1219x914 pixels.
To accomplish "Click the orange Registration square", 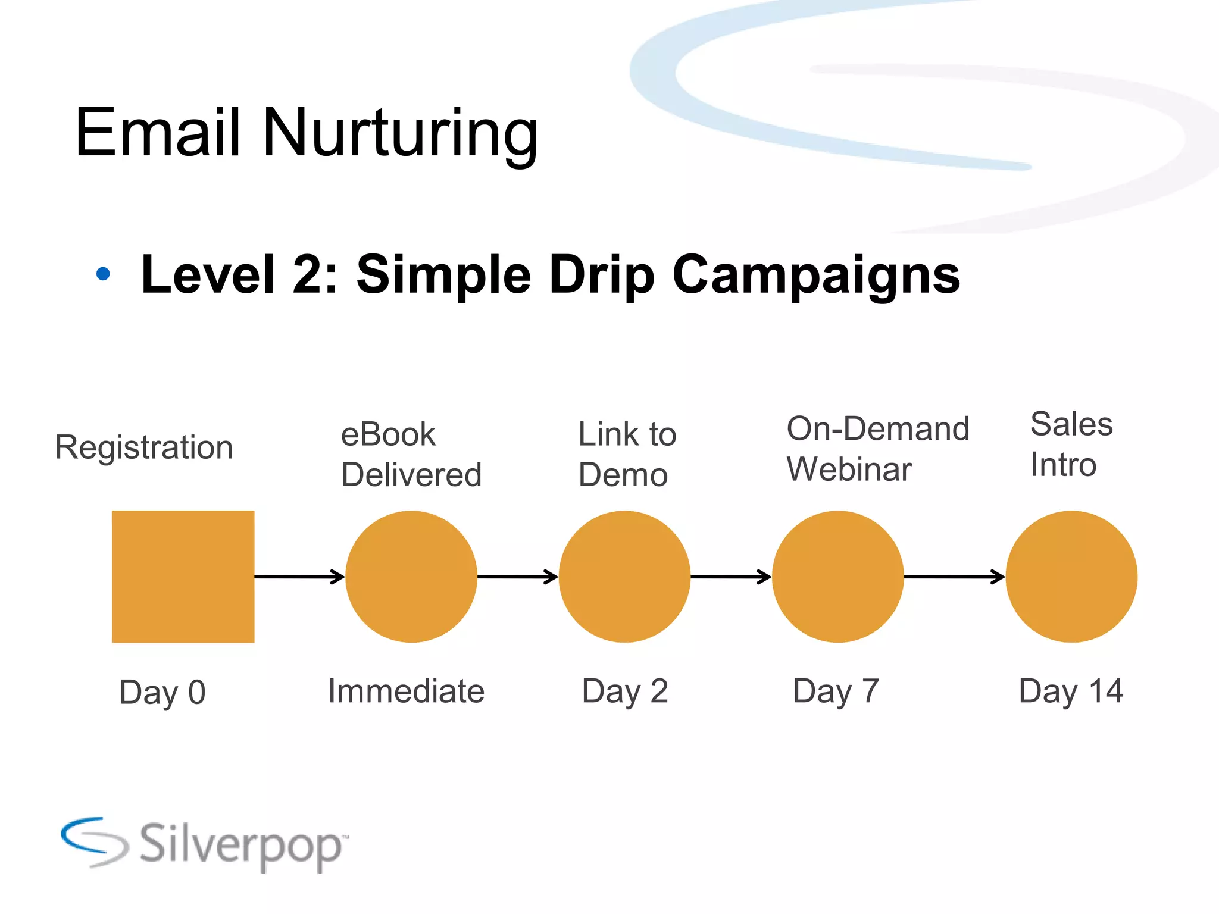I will (183, 576).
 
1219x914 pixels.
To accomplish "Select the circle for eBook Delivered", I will (411, 576).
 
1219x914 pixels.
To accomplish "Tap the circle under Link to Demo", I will (624, 576).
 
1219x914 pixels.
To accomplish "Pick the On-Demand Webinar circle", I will (837, 576).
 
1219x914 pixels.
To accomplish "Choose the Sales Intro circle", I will (1071, 576).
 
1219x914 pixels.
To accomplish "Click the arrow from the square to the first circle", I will (299, 576).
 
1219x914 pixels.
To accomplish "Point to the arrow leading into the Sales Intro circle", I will (954, 576).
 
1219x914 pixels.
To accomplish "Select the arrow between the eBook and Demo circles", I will (517, 576).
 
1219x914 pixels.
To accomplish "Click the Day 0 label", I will (162, 692).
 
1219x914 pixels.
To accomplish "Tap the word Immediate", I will (407, 691).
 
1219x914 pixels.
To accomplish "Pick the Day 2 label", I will (625, 691).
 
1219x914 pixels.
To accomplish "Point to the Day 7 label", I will (836, 691).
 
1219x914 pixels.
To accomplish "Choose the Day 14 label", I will (1071, 691).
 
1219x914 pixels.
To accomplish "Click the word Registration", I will (144, 447).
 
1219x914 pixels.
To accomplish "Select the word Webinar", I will (849, 469).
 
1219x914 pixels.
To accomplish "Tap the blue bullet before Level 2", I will (103, 274).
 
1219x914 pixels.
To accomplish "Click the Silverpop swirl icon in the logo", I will (94, 842).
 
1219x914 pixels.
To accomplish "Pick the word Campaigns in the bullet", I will (816, 275).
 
